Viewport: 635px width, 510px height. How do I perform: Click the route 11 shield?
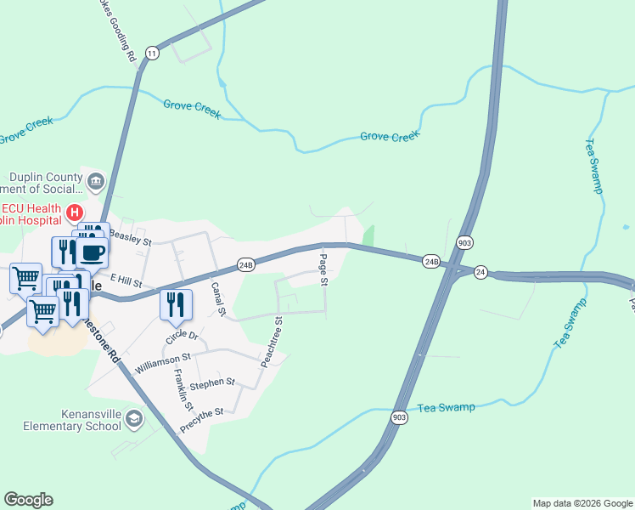[152, 53]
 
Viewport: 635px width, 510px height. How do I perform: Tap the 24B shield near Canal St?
[246, 265]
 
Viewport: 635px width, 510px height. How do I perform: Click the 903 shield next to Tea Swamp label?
[400, 417]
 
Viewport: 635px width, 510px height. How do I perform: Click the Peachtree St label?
[273, 342]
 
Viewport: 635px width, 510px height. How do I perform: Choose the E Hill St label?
[124, 280]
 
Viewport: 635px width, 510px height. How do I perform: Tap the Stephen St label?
[212, 384]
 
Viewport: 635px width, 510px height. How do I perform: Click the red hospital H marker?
[75, 212]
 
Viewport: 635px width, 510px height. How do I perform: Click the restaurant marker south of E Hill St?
[175, 303]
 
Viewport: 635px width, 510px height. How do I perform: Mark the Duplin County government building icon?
[95, 180]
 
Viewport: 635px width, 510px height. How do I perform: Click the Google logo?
[28, 500]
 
